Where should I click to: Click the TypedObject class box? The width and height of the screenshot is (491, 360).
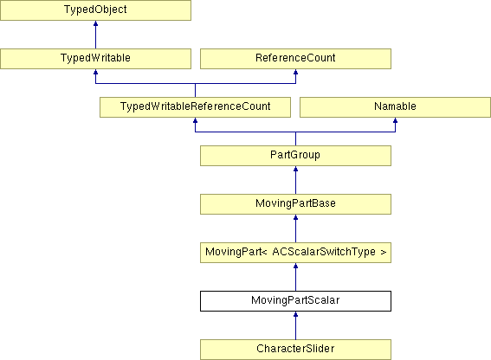coord(95,10)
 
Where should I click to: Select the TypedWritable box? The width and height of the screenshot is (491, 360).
coord(95,59)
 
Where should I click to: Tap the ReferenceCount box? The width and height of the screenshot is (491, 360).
coord(295,59)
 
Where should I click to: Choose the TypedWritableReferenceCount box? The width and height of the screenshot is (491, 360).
coord(195,107)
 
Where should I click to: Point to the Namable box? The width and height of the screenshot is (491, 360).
coord(395,107)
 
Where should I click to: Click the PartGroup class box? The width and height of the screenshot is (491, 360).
coord(295,156)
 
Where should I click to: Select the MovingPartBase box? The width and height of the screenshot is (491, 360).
coord(295,204)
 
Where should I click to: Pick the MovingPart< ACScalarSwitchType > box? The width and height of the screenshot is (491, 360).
coord(295,253)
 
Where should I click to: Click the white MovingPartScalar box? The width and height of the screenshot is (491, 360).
coord(295,301)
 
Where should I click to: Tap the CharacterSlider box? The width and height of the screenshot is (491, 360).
coord(295,350)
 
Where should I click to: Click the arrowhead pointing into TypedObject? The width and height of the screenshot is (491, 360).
coord(95,23)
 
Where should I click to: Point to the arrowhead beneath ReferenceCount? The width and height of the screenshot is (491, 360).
coord(295,72)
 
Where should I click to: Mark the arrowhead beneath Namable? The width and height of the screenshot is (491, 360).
coord(395,120)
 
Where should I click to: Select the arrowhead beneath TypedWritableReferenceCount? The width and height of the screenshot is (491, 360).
coord(195,120)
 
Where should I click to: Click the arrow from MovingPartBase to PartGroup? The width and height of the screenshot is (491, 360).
coord(295,180)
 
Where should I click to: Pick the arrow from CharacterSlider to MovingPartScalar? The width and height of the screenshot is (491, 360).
coord(295,325)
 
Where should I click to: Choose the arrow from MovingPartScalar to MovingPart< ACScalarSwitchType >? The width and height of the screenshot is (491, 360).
coord(295,277)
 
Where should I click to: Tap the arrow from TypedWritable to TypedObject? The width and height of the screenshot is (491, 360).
coord(95,35)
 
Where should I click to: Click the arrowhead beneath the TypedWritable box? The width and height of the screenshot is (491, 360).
coord(95,72)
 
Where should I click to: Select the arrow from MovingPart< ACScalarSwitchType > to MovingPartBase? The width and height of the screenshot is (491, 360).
coord(295,228)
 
